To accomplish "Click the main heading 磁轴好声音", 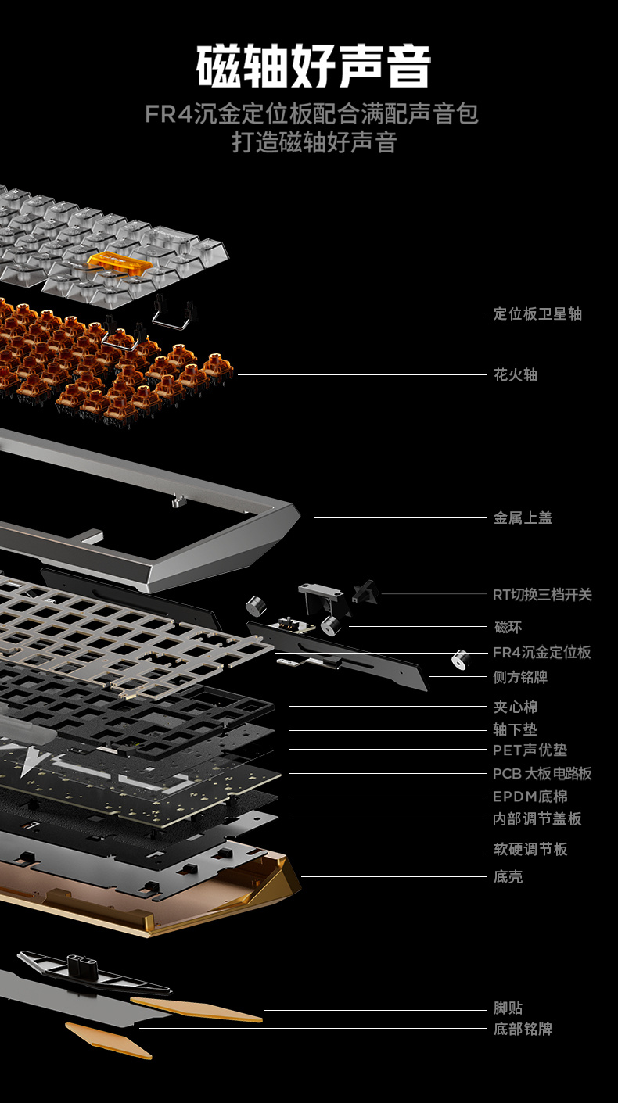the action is (x=314, y=66).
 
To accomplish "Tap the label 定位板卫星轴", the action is (x=537, y=313).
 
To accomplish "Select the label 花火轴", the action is (x=516, y=374).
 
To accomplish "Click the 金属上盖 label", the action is (x=523, y=517).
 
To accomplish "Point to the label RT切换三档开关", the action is (x=542, y=594).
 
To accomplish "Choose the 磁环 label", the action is (x=508, y=627).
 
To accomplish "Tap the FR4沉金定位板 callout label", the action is (x=542, y=653).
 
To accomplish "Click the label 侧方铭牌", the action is (x=520, y=677).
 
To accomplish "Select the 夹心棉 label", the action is (x=516, y=707).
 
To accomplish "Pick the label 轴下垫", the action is (x=516, y=729).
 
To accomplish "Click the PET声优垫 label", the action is (x=530, y=750).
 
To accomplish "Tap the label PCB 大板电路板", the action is (x=542, y=773).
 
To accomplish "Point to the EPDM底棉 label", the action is (x=530, y=797).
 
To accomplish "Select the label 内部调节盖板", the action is (x=537, y=818).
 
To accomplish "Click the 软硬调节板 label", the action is (x=530, y=849).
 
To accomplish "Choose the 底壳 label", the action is (x=508, y=876).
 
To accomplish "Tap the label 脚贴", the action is (x=508, y=1008).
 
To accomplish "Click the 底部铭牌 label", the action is (x=523, y=1029).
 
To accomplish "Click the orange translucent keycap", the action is (x=120, y=261).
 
